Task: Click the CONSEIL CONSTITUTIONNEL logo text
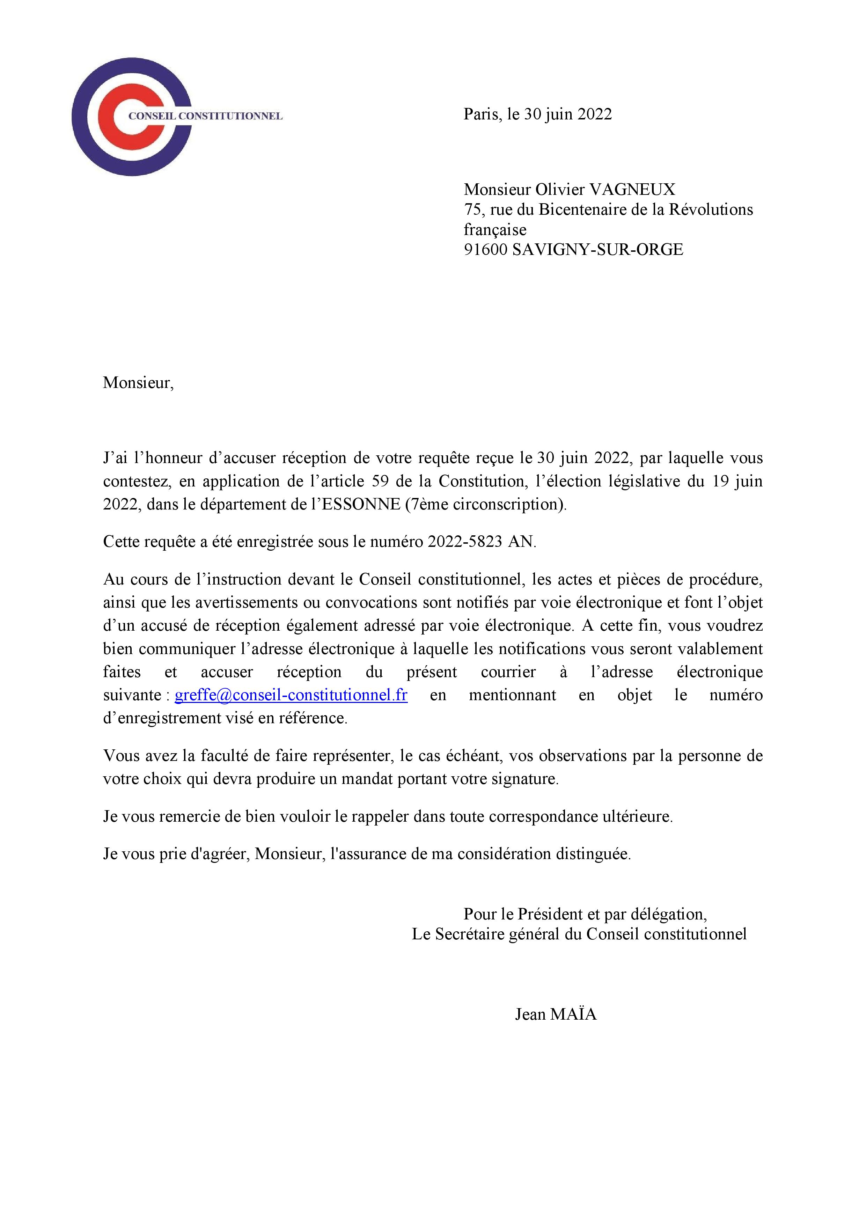[205, 116]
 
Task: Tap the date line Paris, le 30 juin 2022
[537, 114]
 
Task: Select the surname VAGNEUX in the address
[632, 189]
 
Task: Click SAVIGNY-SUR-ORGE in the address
[597, 250]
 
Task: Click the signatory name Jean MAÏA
[556, 1014]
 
